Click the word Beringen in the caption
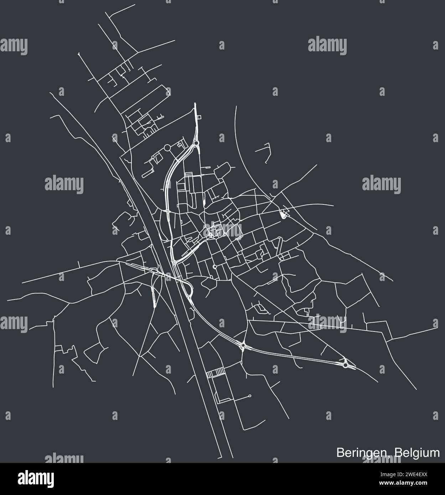tap(360, 453)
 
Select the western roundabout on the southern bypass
tap(243, 345)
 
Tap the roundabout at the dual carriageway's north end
tap(196, 144)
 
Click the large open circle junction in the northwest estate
tap(167, 147)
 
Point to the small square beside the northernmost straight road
tap(199, 117)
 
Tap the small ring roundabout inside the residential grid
tap(214, 266)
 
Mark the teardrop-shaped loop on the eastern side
tap(284, 215)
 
